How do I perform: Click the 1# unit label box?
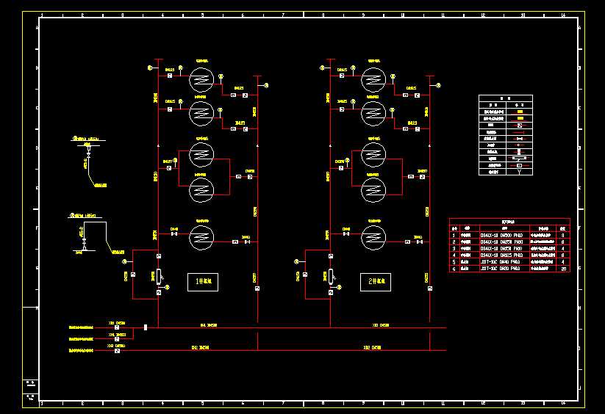pos(203,280)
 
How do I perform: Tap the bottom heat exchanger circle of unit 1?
pos(201,237)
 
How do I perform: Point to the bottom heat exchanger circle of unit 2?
pos(374,237)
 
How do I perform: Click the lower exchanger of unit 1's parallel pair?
pos(201,190)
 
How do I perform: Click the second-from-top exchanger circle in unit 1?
pos(201,112)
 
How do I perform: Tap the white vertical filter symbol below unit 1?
pos(159,276)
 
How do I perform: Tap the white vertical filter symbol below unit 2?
pos(332,276)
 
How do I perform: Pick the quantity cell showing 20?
pos(563,269)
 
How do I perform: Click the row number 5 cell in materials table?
pos(454,261)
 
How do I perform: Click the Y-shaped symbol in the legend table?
pos(520,172)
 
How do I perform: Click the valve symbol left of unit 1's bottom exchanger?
pos(174,237)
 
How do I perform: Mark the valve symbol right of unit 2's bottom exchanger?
pos(418,241)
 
